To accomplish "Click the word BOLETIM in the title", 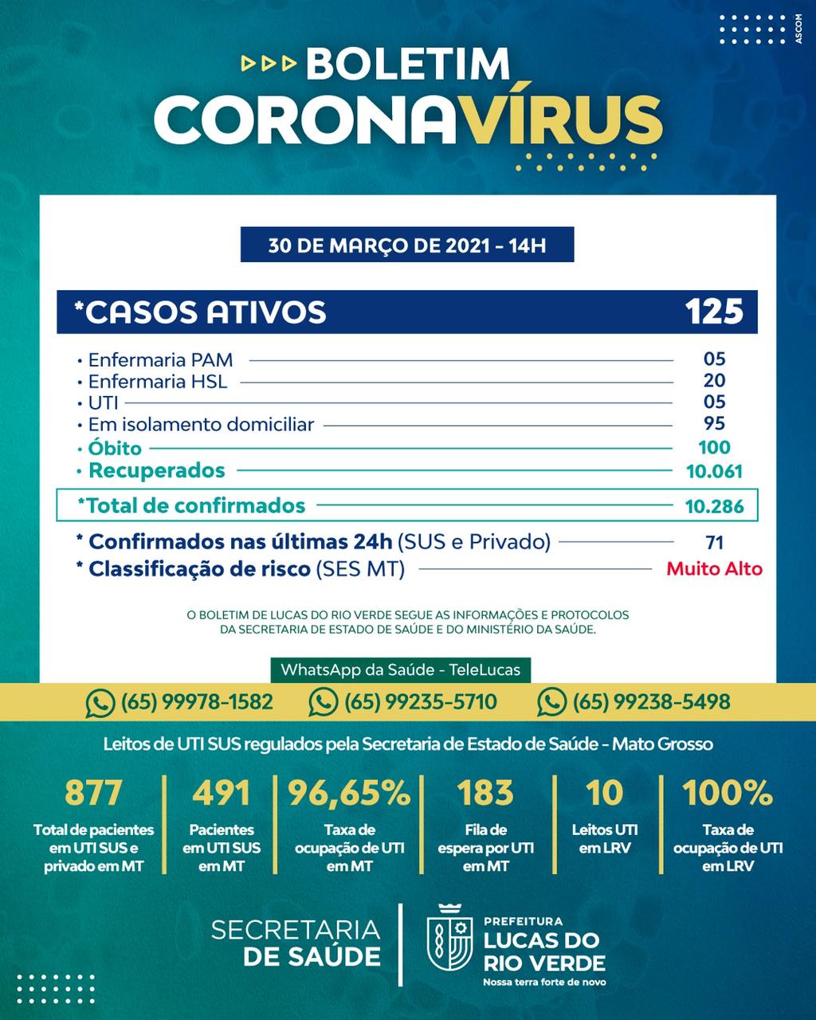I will pos(407,64).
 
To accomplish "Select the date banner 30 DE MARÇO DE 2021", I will pos(407,245).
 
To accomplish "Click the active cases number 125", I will pos(714,311).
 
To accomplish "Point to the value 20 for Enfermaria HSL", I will pos(714,381).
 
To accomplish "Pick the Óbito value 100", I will pos(714,448).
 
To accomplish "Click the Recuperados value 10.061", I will pos(714,471).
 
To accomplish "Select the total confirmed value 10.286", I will pos(714,506).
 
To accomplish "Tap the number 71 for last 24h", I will pos(714,543).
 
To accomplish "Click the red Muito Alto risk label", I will pos(714,569).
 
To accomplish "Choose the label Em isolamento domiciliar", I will pos(201,425).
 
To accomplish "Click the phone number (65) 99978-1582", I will pos(196,702).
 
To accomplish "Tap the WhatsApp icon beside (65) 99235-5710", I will pos(323,702).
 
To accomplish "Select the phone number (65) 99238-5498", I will pos(651,702).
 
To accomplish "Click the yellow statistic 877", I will pos(93,793).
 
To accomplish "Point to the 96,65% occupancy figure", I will pos(349,793).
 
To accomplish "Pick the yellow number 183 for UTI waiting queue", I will pos(485,793).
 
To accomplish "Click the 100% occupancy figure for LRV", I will pos(728,793).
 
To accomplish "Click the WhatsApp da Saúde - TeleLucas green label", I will pos(400,669).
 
